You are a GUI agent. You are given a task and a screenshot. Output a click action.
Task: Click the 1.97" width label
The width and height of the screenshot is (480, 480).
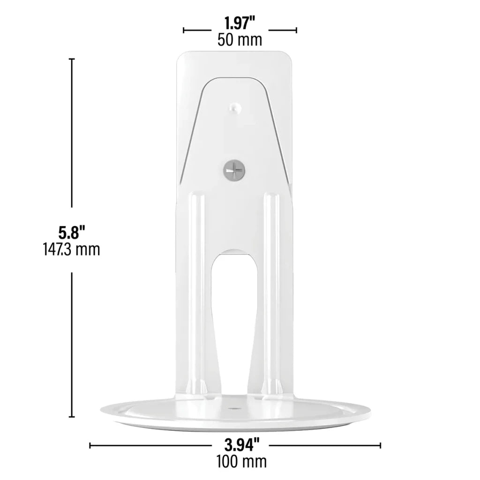pos(240,23)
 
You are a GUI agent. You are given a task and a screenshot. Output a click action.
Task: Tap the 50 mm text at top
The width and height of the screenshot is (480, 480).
pos(240,40)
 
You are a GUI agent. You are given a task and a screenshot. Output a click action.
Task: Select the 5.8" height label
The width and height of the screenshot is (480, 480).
pos(71,232)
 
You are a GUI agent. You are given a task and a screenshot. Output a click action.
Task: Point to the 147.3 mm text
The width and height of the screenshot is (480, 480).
pos(71,249)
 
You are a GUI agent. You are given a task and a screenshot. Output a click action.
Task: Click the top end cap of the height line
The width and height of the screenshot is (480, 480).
pos(72,59)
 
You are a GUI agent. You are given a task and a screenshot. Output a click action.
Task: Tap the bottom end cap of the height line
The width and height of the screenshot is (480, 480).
pos(72,417)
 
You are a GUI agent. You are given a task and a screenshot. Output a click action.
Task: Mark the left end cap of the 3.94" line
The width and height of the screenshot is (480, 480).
pos(90,445)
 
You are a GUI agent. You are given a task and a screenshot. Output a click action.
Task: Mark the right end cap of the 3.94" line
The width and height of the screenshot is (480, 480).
pos(380,445)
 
